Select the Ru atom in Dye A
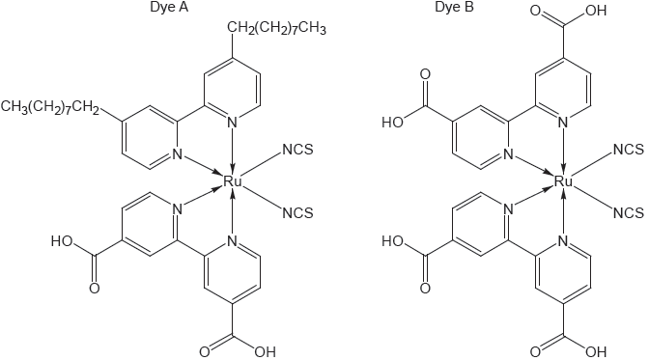pyautogui.click(x=232, y=180)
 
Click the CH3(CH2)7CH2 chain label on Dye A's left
pyautogui.click(x=49, y=104)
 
